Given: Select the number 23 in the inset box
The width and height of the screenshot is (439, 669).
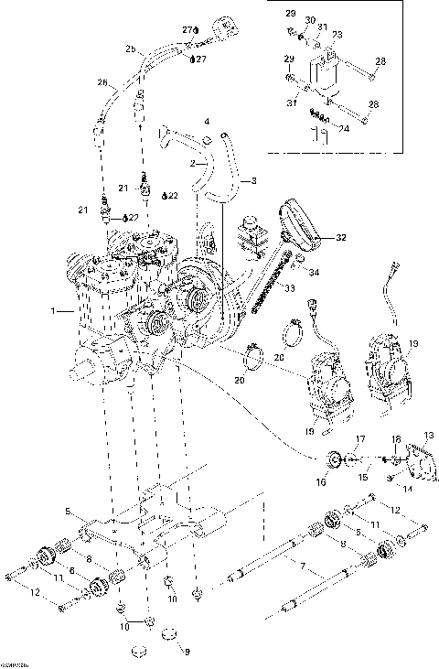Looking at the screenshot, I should [x=337, y=35].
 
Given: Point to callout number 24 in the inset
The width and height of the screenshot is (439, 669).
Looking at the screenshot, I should [x=345, y=129].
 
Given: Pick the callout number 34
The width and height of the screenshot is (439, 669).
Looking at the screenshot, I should [x=314, y=272].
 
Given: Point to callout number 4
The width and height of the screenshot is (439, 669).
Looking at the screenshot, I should [x=206, y=121].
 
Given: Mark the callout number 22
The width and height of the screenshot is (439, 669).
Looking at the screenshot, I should [x=173, y=196].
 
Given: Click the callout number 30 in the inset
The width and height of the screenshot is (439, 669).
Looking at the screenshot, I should [x=309, y=20].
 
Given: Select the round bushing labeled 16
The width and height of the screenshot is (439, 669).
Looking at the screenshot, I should [x=335, y=460].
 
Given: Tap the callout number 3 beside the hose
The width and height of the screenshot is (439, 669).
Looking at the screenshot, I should [x=253, y=180].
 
